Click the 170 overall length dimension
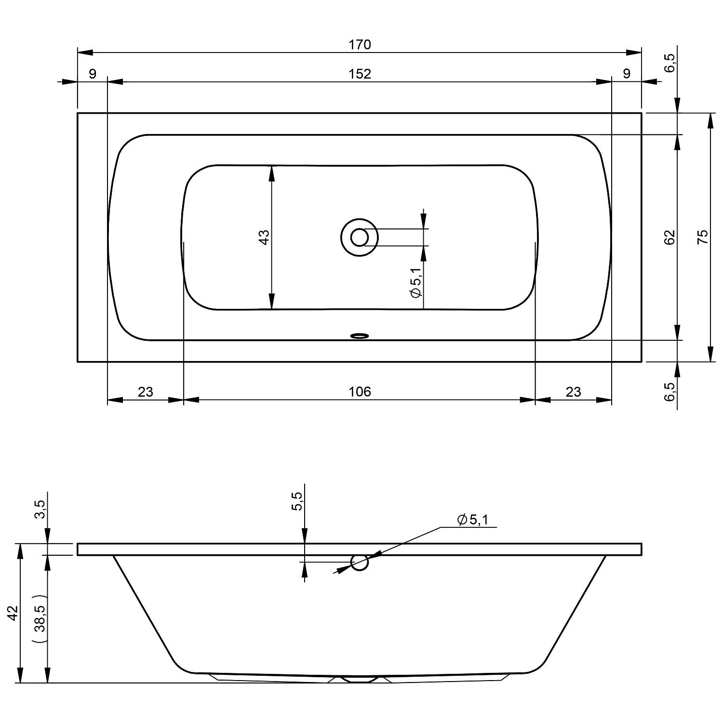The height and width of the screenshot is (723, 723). pyautogui.click(x=360, y=45)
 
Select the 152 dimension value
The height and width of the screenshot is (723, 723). pyautogui.click(x=360, y=74)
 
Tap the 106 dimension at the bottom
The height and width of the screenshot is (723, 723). pyautogui.click(x=360, y=392)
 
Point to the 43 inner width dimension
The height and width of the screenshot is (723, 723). pyautogui.click(x=265, y=237)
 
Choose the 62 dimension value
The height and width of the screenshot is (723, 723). pyautogui.click(x=670, y=237)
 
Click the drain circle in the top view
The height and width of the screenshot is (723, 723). pyautogui.click(x=360, y=237)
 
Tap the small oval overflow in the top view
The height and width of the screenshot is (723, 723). pyautogui.click(x=360, y=335)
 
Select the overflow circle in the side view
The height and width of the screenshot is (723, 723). pyautogui.click(x=360, y=562)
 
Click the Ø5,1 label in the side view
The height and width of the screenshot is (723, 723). pyautogui.click(x=473, y=520)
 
